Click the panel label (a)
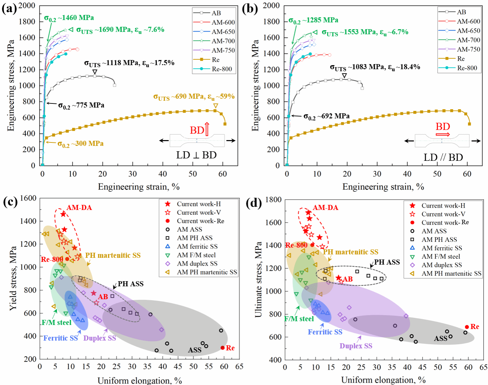[9, 8]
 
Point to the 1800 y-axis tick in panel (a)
[27, 22]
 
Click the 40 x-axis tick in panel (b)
[407, 174]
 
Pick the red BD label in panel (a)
[197, 130]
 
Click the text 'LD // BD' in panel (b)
[443, 157]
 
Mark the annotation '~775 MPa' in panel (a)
[81, 105]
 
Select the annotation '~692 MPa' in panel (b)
[326, 116]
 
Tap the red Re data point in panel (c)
[223, 348]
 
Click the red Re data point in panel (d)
[467, 327]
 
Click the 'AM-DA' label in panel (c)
[79, 208]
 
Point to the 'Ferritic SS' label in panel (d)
[325, 332]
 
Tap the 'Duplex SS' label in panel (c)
[100, 338]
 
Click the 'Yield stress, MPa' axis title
[13, 278]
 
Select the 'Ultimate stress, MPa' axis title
[258, 280]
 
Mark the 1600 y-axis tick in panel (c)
[28, 198]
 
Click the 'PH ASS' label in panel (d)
[387, 262]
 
